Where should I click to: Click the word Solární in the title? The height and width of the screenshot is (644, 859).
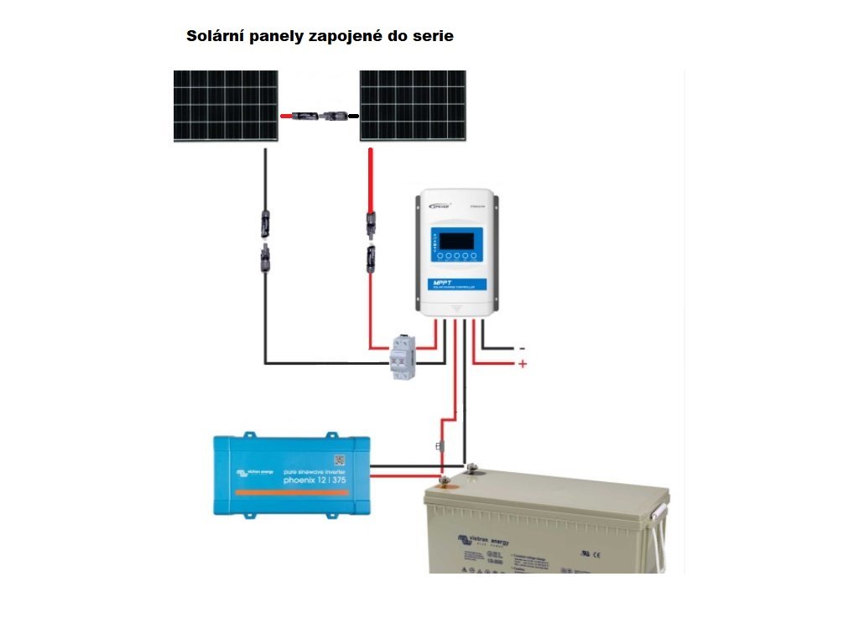click(214, 37)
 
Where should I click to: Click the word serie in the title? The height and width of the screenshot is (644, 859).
click(433, 37)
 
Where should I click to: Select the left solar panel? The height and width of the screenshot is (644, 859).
click(226, 106)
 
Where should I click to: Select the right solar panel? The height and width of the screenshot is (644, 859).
click(413, 106)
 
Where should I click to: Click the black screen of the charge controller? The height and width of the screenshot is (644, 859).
click(455, 241)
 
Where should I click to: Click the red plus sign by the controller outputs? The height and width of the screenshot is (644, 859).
click(523, 365)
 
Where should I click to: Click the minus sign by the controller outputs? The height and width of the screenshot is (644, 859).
click(522, 348)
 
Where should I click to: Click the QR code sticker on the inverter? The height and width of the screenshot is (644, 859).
click(340, 460)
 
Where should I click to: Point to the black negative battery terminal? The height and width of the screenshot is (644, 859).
click(471, 467)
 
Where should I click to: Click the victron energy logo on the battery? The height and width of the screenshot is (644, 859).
click(482, 543)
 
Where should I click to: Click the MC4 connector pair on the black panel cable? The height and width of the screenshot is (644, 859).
click(265, 239)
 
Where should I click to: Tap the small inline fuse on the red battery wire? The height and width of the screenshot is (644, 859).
click(440, 446)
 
